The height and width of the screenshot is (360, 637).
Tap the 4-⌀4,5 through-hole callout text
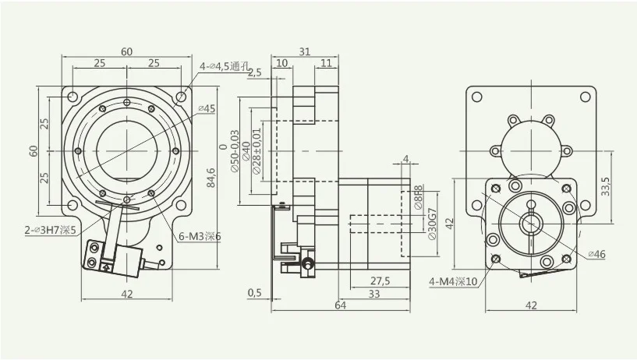[x=225, y=66]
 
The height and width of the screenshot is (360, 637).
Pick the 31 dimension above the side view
[x=305, y=51]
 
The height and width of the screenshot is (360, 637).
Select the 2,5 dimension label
[x=255, y=72]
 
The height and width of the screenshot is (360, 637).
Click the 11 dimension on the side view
[x=325, y=62]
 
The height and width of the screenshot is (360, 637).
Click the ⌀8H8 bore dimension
[x=419, y=196]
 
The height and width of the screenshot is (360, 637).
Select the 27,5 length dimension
[x=380, y=280]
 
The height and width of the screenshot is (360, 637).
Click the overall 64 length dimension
[x=340, y=305]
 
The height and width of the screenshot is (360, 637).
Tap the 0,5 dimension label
[x=254, y=293]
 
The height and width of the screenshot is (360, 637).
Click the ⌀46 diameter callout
[x=596, y=254]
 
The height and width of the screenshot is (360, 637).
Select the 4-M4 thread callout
[x=453, y=281]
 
